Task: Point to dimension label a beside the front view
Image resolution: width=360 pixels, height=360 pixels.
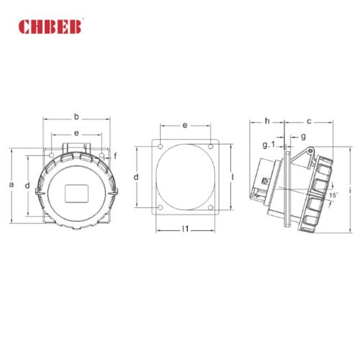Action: [x=12, y=184]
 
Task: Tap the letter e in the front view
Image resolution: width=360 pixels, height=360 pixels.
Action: [x=76, y=133]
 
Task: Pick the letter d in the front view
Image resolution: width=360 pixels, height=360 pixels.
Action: [x=27, y=186]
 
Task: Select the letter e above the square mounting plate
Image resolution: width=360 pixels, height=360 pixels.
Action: [x=184, y=125]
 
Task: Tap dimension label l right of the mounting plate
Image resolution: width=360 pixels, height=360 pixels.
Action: [x=233, y=176]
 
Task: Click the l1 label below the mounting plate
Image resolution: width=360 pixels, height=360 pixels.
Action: [x=184, y=229]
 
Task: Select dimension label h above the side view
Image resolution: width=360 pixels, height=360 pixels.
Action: [x=266, y=120]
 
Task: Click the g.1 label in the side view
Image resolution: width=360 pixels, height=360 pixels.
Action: [x=268, y=145]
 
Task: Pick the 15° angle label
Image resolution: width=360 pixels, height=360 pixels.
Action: [x=333, y=194]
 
